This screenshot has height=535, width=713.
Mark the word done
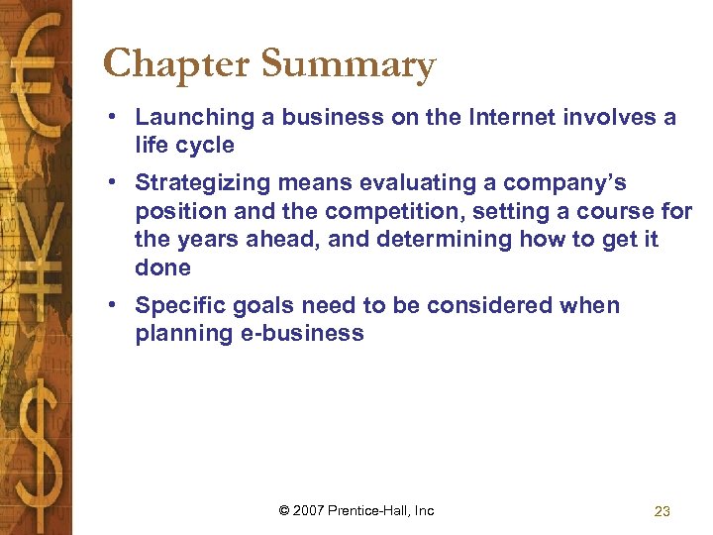[162, 267]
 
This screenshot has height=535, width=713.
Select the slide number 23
[662, 511]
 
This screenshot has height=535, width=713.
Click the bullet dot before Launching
[116, 118]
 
